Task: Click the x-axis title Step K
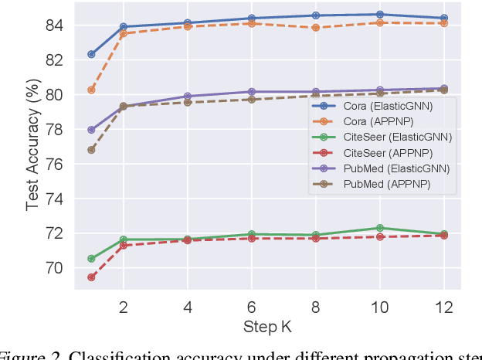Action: point(267,326)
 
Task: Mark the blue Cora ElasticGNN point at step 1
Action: point(91,54)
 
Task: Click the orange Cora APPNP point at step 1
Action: point(91,90)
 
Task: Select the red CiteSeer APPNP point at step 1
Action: point(91,277)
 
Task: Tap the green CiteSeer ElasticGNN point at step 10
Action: point(379,228)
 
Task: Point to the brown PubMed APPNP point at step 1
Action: point(91,150)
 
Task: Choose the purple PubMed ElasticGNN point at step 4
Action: point(187,97)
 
